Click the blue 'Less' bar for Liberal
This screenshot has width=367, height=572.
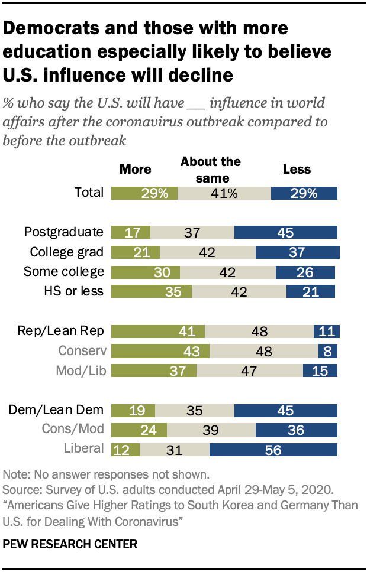click(273, 450)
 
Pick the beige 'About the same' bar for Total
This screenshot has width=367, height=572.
click(224, 193)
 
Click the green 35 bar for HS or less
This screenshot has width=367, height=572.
click(151, 291)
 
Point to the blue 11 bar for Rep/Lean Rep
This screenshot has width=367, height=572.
click(326, 331)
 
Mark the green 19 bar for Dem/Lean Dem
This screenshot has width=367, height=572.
click(133, 411)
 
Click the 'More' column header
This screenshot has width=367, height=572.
click(136, 169)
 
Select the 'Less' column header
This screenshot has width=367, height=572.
click(297, 169)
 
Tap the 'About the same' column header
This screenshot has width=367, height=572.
click(211, 169)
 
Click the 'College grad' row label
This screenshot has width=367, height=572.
click(67, 252)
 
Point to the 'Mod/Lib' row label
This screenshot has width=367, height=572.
click(81, 370)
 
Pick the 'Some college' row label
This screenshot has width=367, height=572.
click(64, 272)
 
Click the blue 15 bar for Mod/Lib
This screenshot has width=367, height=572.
click(320, 370)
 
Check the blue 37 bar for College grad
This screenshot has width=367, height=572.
click(297, 252)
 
